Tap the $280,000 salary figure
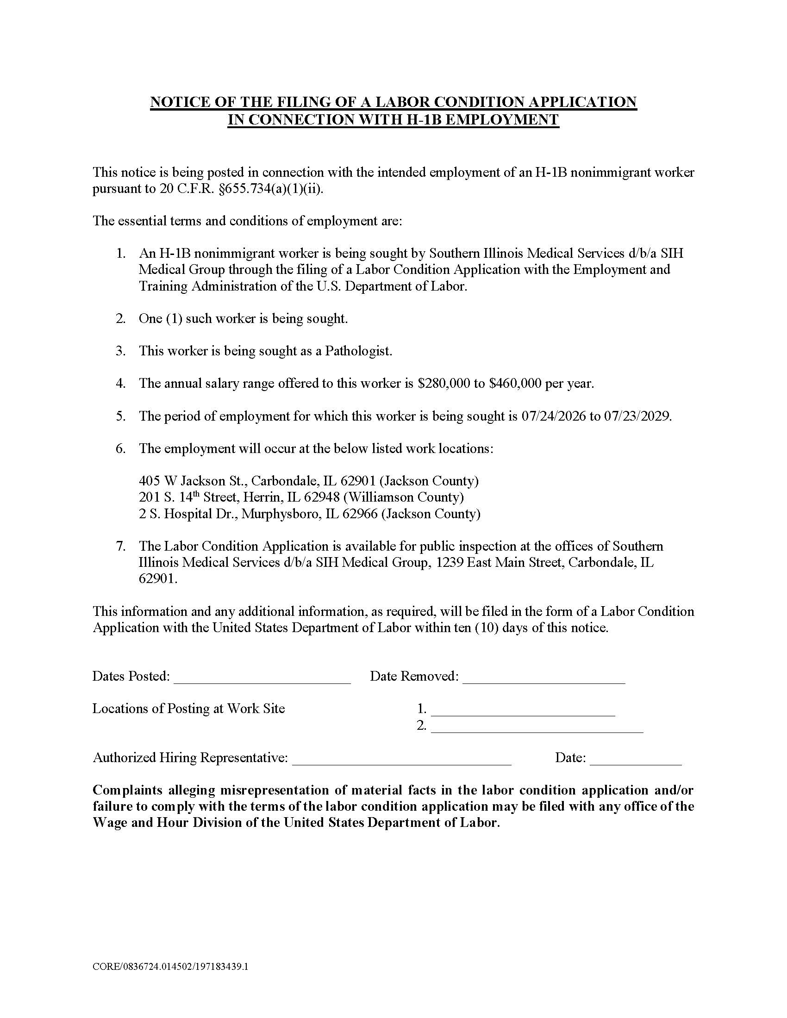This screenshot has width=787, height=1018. click(444, 384)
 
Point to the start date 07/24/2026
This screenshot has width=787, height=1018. click(553, 416)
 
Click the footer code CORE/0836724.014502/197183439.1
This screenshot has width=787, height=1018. click(170, 966)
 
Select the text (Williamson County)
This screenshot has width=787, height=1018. click(403, 497)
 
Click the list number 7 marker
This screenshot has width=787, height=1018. click(121, 546)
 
